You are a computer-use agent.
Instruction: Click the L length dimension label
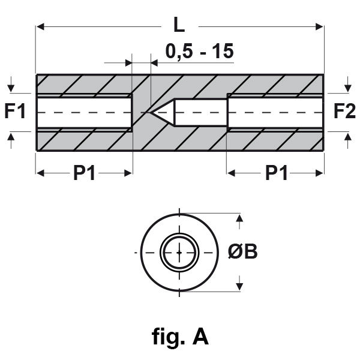(x=178, y=26)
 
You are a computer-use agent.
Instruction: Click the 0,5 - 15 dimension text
(x=197, y=52)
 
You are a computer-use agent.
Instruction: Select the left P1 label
(x=85, y=173)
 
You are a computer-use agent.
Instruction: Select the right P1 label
(x=275, y=173)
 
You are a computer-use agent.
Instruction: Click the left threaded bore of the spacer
(x=84, y=112)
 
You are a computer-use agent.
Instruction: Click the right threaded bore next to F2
(x=275, y=112)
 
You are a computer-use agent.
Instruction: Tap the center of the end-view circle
(x=179, y=253)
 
